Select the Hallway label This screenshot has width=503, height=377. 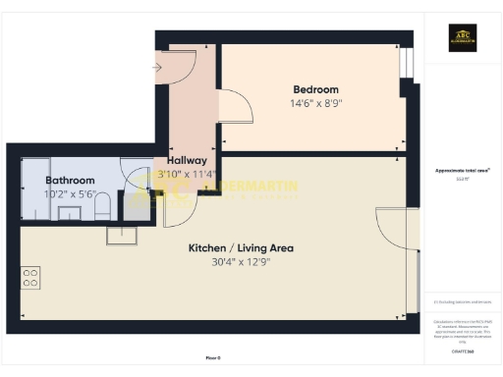(187, 160)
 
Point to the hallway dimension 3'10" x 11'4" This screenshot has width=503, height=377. (187, 174)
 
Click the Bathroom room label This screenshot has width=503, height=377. (71, 181)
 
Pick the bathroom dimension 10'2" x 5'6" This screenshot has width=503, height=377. (71, 194)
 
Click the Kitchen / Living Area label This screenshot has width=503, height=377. (241, 248)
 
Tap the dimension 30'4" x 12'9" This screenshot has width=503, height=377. (241, 262)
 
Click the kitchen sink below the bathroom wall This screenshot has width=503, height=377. (123, 234)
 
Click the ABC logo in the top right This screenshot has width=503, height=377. (463, 38)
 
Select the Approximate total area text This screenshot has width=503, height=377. (462, 170)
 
